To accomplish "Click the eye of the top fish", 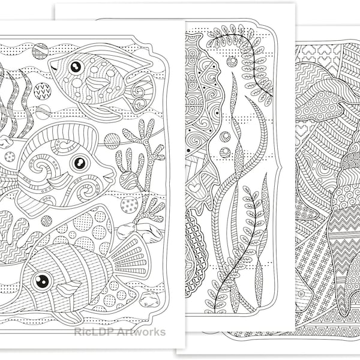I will click(76, 67).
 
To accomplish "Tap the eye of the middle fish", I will click(79, 163).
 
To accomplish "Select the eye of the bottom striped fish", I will click(41, 280).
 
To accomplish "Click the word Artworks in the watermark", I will click(143, 332).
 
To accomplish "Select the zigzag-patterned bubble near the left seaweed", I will click(42, 91).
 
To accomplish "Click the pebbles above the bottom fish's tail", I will click(138, 231).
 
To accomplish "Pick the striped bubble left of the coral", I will click(112, 141).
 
